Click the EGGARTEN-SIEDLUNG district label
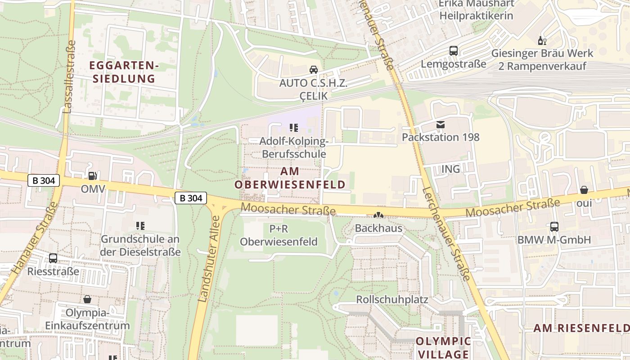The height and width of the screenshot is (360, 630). point(124,72)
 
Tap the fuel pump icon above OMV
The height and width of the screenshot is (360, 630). point(92,176)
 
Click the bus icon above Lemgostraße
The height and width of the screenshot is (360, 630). point(453,51)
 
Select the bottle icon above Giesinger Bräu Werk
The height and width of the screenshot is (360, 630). point(542,41)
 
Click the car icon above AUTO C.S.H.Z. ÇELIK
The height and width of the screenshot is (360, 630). point(314,70)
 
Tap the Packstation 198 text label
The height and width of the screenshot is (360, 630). point(441,137)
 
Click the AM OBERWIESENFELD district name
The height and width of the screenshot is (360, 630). point(290,178)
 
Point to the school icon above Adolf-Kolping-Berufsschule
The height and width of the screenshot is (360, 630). point(294,128)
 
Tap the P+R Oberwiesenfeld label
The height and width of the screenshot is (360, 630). point(279,235)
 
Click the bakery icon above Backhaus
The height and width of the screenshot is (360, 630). point(378,216)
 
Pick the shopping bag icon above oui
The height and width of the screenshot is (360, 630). point(584,190)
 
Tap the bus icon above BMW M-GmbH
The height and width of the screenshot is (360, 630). point(554,227)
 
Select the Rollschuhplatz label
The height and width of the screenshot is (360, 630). point(392,299)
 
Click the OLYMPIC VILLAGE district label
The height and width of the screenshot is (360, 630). point(443,347)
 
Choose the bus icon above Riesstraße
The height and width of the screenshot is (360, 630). point(53,258)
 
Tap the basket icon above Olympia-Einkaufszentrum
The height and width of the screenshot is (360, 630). point(87,299)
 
